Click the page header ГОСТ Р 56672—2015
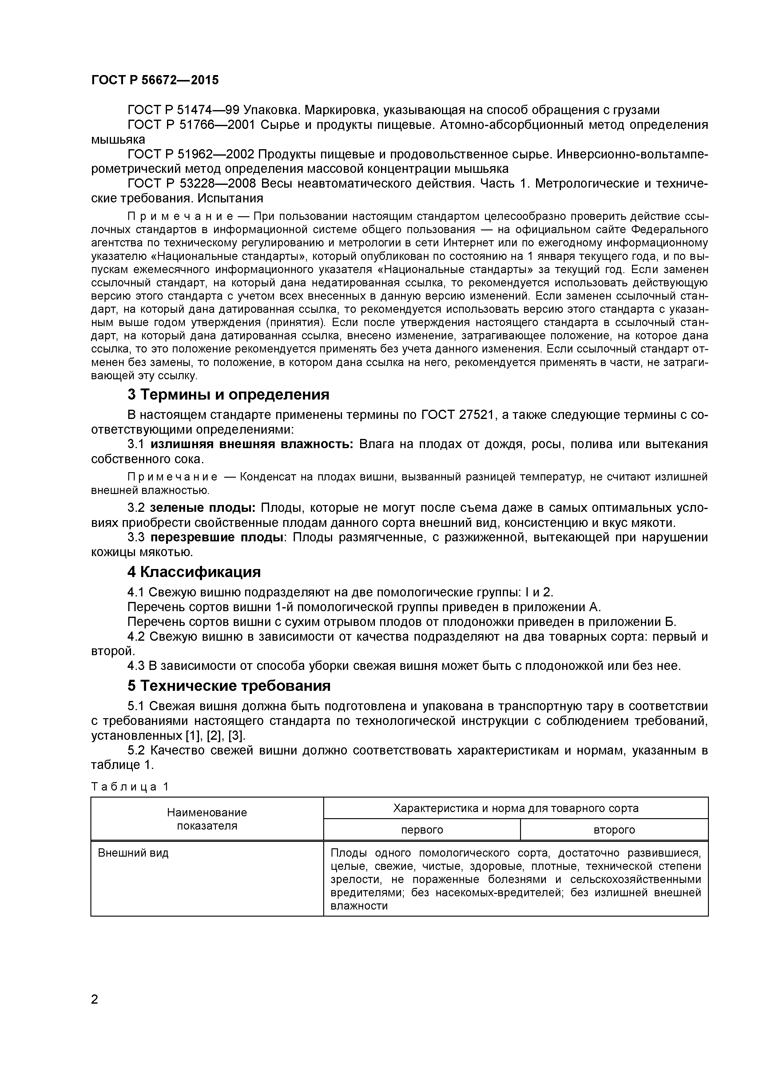tap(155, 80)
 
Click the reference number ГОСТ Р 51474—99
tap(183, 110)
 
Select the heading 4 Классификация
tap(194, 572)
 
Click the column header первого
tap(422, 830)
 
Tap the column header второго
tap(614, 830)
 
